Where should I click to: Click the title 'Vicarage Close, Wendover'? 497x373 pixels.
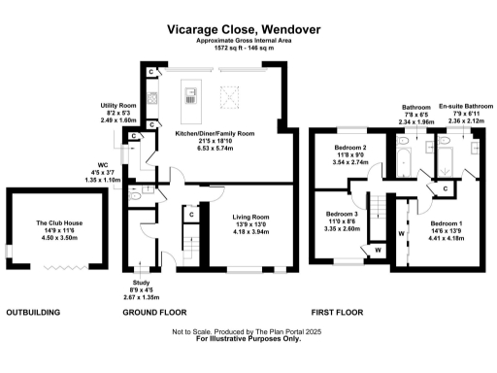click(248, 31)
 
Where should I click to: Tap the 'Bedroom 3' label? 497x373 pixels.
click(342, 213)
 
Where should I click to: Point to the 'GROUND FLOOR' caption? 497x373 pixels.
click(154, 313)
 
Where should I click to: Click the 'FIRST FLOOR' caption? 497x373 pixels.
click(337, 313)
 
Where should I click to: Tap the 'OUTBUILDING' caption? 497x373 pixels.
click(33, 313)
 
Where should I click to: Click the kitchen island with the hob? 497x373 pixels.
click(190, 95)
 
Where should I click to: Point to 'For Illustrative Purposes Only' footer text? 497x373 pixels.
click(248, 340)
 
